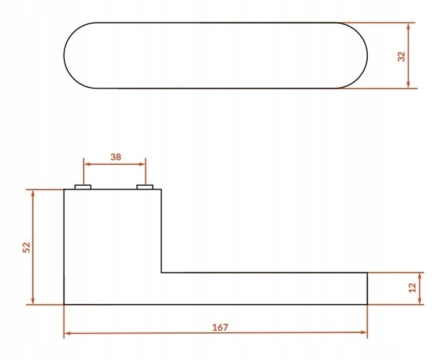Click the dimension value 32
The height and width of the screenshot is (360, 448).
click(x=402, y=56)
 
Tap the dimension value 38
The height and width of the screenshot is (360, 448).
click(x=116, y=157)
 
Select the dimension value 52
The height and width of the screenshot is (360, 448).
click(x=26, y=247)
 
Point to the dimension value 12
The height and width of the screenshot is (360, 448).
click(x=413, y=287)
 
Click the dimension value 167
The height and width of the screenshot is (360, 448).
click(x=220, y=327)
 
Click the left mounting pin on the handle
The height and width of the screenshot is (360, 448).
click(x=83, y=187)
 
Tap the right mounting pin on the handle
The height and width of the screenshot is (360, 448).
click(x=145, y=187)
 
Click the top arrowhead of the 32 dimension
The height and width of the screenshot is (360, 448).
click(x=408, y=26)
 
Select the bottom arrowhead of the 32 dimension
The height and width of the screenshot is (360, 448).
click(x=408, y=85)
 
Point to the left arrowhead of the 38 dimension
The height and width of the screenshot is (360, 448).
click(x=88, y=164)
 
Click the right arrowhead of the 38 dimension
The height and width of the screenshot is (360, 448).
click(x=142, y=164)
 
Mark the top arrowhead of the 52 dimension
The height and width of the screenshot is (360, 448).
click(x=33, y=193)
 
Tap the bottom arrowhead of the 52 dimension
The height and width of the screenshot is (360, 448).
click(x=33, y=300)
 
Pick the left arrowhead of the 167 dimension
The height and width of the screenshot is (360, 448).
click(x=68, y=333)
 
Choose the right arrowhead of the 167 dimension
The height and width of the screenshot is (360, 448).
click(x=363, y=332)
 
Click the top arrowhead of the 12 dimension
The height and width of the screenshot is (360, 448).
click(x=420, y=276)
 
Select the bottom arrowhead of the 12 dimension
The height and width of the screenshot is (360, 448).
click(x=420, y=300)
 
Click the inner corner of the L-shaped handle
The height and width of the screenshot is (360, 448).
click(x=161, y=272)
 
